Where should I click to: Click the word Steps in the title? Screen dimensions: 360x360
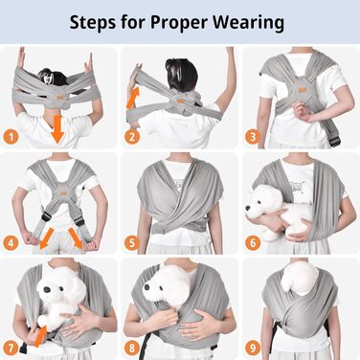coord(93,22)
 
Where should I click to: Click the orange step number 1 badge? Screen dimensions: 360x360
coord(11,137)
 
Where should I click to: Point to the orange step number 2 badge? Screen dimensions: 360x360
coord(132,137)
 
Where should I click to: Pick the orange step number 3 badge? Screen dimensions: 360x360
coord(253,137)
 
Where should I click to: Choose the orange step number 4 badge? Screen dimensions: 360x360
coord(11,243)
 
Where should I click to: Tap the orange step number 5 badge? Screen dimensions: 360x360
coord(132,243)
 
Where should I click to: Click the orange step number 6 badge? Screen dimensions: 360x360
coord(253,243)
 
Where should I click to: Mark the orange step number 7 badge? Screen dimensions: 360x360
coord(11,348)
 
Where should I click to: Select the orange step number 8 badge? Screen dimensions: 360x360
coord(132,348)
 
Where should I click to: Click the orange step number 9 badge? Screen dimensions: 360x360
coord(253,348)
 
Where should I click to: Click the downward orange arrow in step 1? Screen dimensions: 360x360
coord(58,129)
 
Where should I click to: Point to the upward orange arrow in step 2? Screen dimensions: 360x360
coord(133,98)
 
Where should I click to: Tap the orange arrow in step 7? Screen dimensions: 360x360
coord(40,336)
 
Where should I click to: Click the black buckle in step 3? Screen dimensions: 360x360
coord(334,140)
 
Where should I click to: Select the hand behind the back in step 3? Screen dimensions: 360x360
coord(302,112)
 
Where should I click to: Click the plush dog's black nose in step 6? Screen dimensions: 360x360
coord(248,208)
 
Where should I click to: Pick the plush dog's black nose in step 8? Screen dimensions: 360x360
coord(147,287)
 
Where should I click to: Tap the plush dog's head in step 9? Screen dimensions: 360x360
coord(300,278)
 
